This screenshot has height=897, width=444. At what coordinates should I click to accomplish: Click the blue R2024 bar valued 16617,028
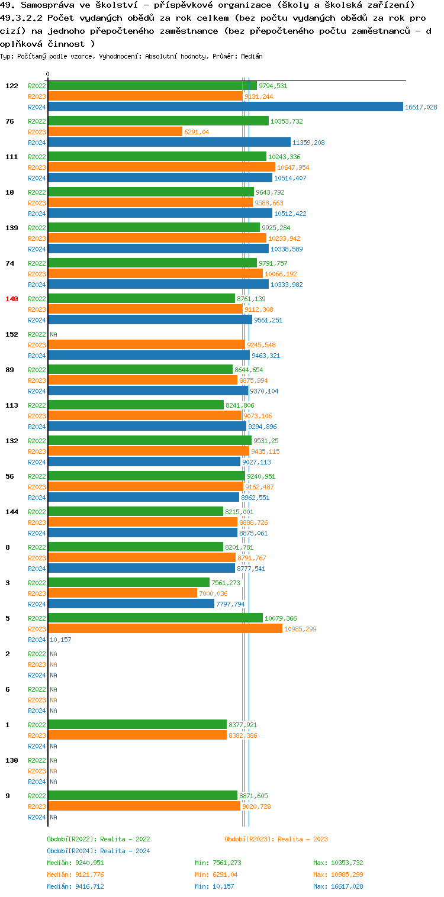coord(225,107)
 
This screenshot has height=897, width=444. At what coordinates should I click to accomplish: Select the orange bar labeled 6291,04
coord(115,132)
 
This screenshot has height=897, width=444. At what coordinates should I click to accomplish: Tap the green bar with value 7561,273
coord(128,583)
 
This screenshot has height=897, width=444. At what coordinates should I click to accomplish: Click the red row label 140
coord(12,299)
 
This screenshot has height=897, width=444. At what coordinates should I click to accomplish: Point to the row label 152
coord(12,334)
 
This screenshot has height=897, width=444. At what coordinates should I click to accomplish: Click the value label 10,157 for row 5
coord(61,640)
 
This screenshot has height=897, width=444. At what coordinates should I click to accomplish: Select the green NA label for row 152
coord(53,334)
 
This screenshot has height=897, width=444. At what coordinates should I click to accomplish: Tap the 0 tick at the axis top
coord(48,75)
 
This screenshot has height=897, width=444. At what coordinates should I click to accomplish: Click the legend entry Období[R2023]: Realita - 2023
coord(276,839)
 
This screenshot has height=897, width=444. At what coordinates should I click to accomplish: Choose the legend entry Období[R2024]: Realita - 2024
coord(98,851)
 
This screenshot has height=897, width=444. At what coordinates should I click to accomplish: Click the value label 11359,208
coord(308,143)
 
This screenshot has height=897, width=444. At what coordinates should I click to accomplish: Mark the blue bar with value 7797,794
coord(131,604)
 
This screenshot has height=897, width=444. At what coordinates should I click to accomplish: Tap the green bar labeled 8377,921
coord(137,725)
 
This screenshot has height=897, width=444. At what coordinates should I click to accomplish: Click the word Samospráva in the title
coord(43,5)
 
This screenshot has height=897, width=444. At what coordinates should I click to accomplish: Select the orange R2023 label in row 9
coord(37,806)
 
